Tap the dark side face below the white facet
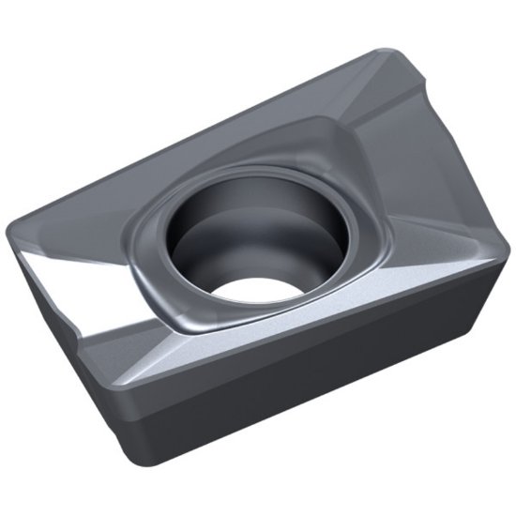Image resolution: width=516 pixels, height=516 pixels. (x=75, y=366)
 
